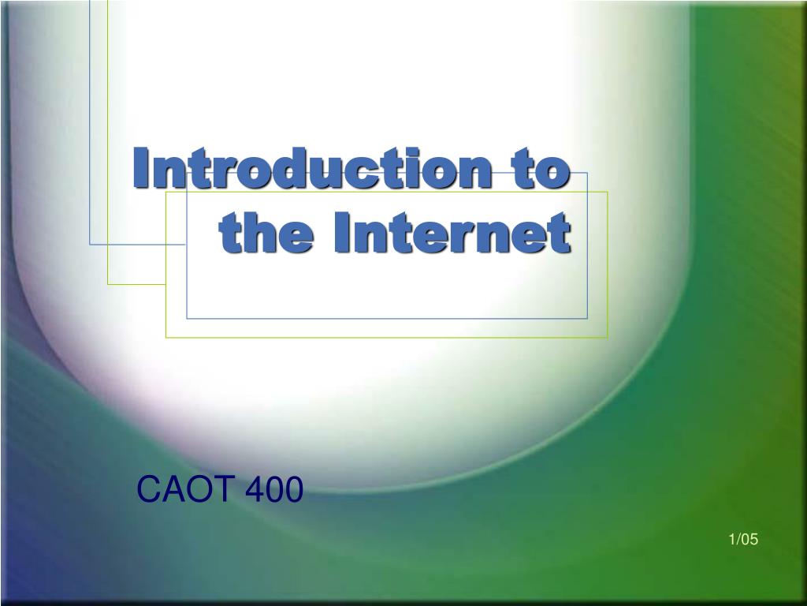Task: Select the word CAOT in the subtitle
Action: tap(186, 491)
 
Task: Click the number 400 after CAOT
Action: tap(273, 491)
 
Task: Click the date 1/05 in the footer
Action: tap(743, 540)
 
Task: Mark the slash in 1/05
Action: tap(738, 540)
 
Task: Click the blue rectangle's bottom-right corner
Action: tap(588, 319)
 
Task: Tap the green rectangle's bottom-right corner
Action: tap(608, 337)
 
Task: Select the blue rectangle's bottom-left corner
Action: tap(187, 319)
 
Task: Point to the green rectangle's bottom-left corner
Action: tap(165, 337)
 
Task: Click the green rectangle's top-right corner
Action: tap(608, 192)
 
